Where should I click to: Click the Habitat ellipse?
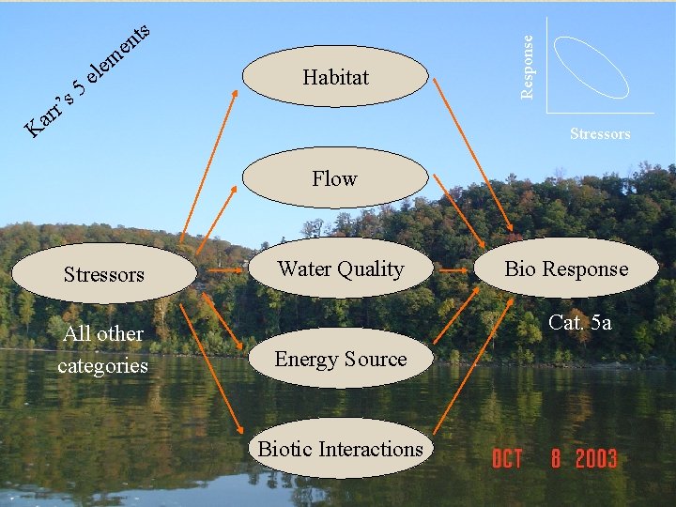pyautogui.click(x=336, y=78)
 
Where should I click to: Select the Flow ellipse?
pyautogui.click(x=335, y=178)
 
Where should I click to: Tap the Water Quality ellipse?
pyautogui.click(x=340, y=269)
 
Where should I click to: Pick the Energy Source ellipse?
pyautogui.click(x=340, y=359)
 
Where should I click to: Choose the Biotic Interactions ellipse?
pyautogui.click(x=340, y=449)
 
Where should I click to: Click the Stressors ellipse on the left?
pyautogui.click(x=104, y=274)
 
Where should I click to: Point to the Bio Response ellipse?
pyautogui.click(x=566, y=269)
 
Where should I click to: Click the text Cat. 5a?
pyautogui.click(x=579, y=323)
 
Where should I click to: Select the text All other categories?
pyautogui.click(x=102, y=349)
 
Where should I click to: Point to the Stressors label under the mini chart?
pyautogui.click(x=600, y=134)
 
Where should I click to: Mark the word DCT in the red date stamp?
pyautogui.click(x=507, y=459)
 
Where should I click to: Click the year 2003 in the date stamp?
pyautogui.click(x=595, y=459)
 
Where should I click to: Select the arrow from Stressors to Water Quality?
pyautogui.click(x=223, y=271)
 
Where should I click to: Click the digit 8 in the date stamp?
pyautogui.click(x=557, y=459)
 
